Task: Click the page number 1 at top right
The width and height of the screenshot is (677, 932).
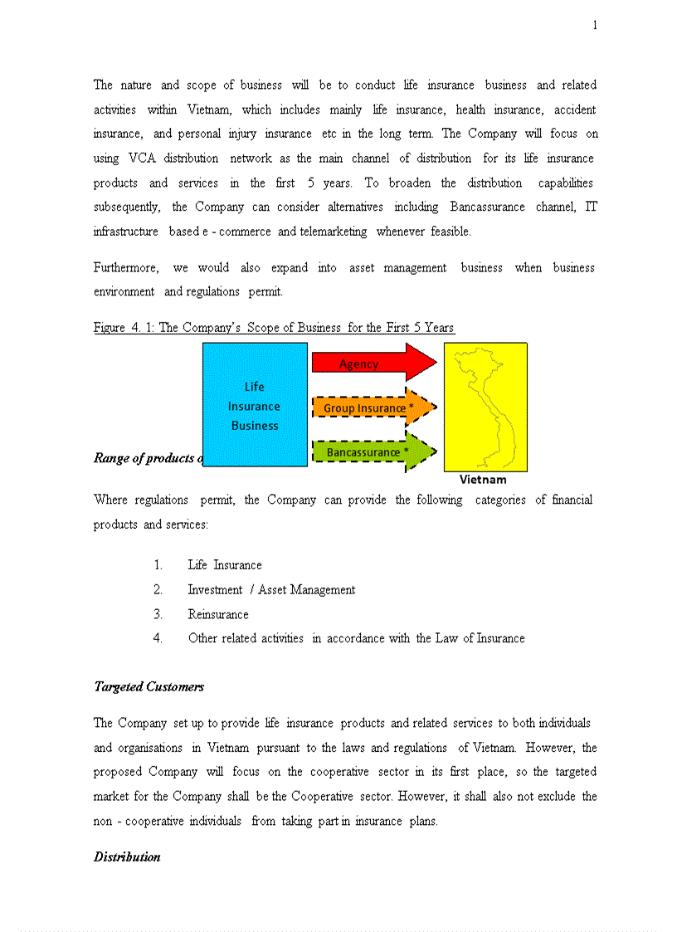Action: point(595,26)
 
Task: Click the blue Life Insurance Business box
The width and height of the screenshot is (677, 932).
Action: point(255,405)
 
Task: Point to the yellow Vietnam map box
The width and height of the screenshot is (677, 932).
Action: point(485,407)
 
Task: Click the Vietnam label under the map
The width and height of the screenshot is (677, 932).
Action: point(483,480)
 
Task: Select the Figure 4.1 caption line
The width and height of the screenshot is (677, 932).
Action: point(274,328)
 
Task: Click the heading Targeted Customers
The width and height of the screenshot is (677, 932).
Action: point(149,687)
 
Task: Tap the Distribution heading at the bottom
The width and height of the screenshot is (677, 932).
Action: point(127,856)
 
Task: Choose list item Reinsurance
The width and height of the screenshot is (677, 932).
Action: point(218,614)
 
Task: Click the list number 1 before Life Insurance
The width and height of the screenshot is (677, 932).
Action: point(158,565)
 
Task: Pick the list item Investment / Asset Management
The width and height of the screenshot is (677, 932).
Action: point(271,590)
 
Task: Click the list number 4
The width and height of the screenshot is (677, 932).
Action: point(158,638)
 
